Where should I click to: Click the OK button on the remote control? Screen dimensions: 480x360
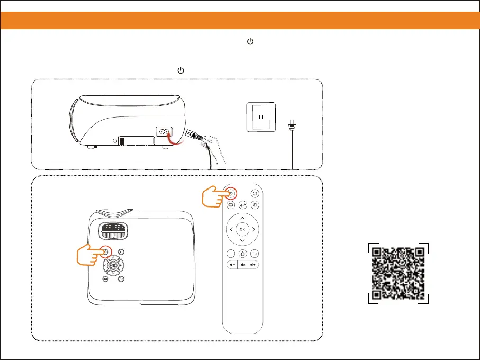[x=242, y=229]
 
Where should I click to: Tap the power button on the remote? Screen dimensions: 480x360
[x=231, y=193]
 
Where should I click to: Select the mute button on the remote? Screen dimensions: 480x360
[x=242, y=265]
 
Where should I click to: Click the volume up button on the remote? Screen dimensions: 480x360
[x=254, y=265]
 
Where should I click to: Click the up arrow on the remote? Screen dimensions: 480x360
[x=242, y=218]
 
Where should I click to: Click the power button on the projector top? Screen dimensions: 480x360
[x=105, y=252]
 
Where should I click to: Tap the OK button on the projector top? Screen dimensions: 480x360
[x=113, y=264]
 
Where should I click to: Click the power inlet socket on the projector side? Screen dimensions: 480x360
[x=163, y=132]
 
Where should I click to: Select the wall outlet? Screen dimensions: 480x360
[x=260, y=117]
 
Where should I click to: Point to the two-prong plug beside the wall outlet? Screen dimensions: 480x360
[x=291, y=128]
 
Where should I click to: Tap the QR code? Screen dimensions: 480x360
[x=398, y=273]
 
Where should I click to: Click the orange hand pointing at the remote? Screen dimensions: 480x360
[x=214, y=196]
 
